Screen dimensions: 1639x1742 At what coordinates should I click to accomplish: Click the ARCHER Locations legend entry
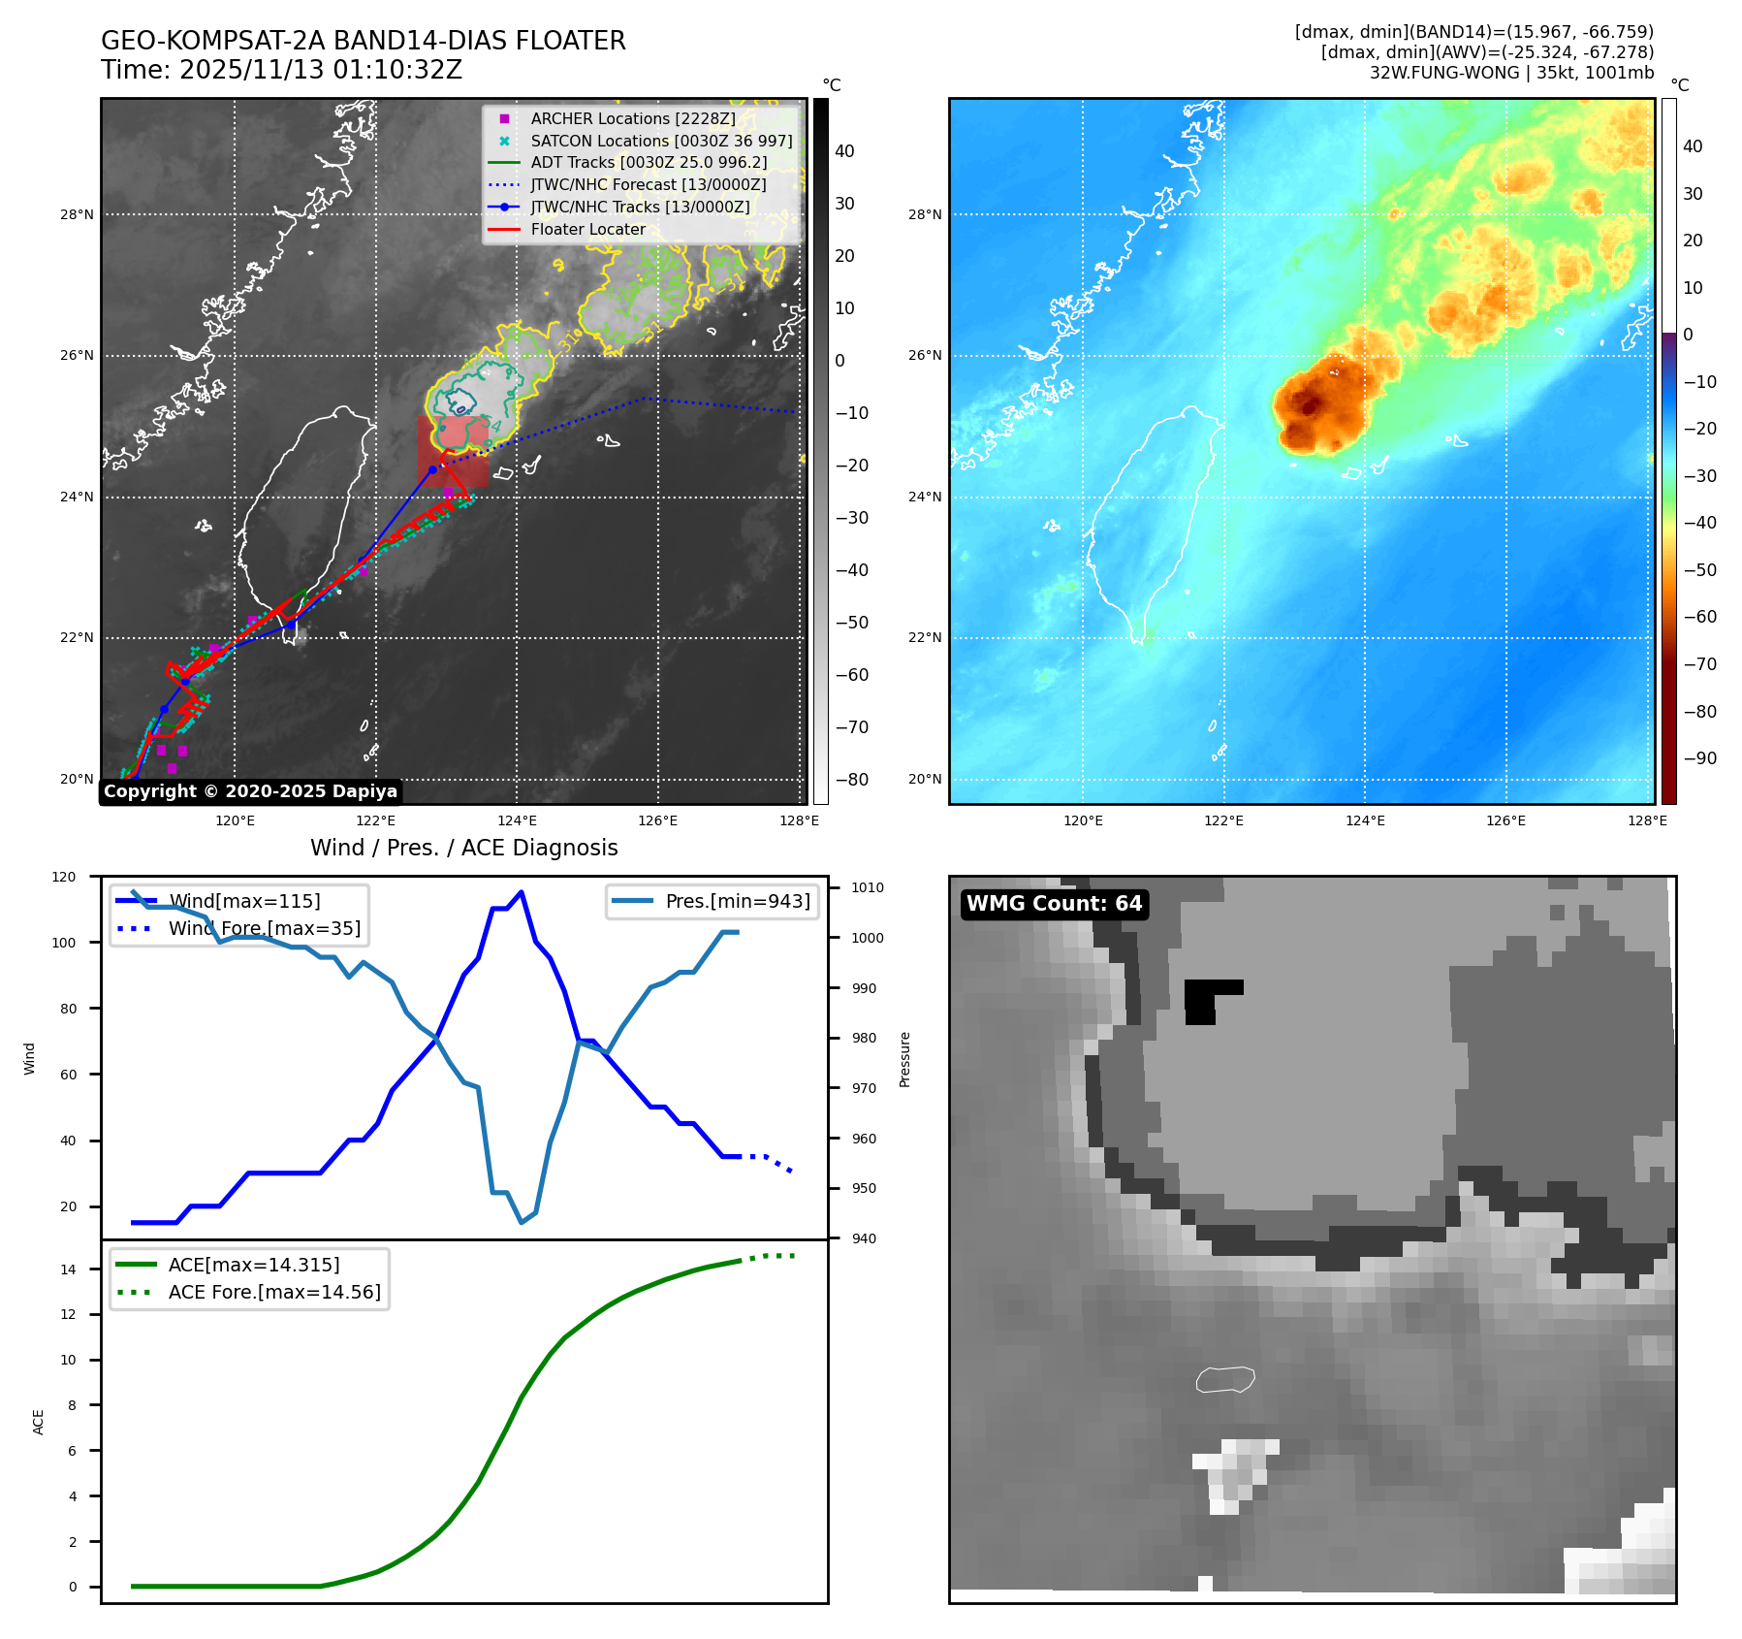tap(632, 118)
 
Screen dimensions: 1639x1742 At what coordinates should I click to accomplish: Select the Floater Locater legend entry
tap(587, 229)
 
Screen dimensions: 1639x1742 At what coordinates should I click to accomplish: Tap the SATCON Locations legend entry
tap(661, 141)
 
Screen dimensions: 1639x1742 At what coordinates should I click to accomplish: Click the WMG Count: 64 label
tap(1054, 904)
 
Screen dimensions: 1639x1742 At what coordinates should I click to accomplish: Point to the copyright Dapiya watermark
tap(250, 791)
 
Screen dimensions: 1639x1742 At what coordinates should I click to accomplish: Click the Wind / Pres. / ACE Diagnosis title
tap(463, 848)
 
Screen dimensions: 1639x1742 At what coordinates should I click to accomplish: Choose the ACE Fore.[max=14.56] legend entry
tap(274, 1292)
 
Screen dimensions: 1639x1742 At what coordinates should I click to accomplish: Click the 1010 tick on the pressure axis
tap(867, 887)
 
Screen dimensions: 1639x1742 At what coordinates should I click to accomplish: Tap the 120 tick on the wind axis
tap(64, 877)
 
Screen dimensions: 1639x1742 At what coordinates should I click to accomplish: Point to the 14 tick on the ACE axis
tap(68, 1269)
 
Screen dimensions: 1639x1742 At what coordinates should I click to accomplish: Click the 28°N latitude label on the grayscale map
tap(77, 214)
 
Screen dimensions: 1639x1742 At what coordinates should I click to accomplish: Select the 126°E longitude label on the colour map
tap(1505, 820)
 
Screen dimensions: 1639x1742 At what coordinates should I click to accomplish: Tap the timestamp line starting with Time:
tap(281, 71)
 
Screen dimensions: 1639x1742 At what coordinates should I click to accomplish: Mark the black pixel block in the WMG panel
tap(1205, 999)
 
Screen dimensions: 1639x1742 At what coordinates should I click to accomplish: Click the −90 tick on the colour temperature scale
tap(1699, 758)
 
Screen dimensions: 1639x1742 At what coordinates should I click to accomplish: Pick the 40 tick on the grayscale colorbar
tap(844, 150)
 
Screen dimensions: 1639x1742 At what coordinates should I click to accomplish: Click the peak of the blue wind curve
tap(522, 891)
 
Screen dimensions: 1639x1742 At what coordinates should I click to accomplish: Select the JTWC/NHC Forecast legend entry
tap(648, 184)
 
